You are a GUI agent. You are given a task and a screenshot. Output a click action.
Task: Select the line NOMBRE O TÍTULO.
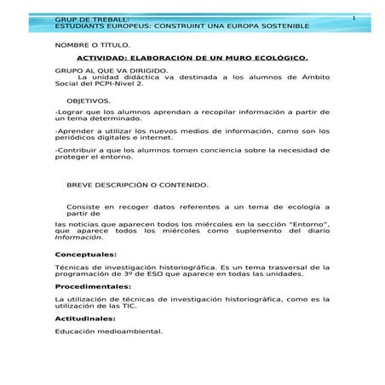pos(93,43)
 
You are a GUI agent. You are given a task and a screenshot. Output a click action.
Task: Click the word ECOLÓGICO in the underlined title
pos(278,60)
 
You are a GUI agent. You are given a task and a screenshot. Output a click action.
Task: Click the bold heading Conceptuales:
pos(86,254)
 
